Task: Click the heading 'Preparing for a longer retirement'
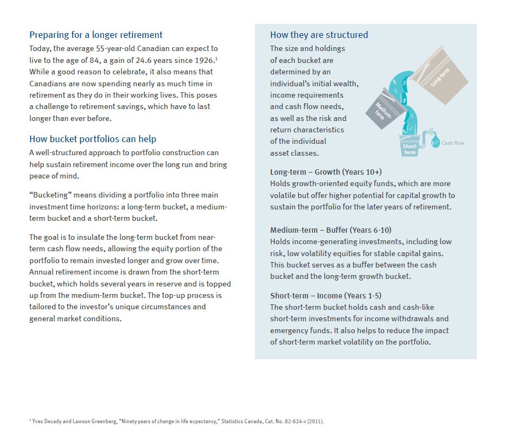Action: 96,35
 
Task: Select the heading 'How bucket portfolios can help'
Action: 93,139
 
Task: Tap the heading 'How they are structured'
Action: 319,35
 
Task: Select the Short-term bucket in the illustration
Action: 410,147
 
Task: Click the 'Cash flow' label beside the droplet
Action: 452,143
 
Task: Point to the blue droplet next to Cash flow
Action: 435,143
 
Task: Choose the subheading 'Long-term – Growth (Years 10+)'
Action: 326,172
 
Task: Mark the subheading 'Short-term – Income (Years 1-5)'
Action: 325,296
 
